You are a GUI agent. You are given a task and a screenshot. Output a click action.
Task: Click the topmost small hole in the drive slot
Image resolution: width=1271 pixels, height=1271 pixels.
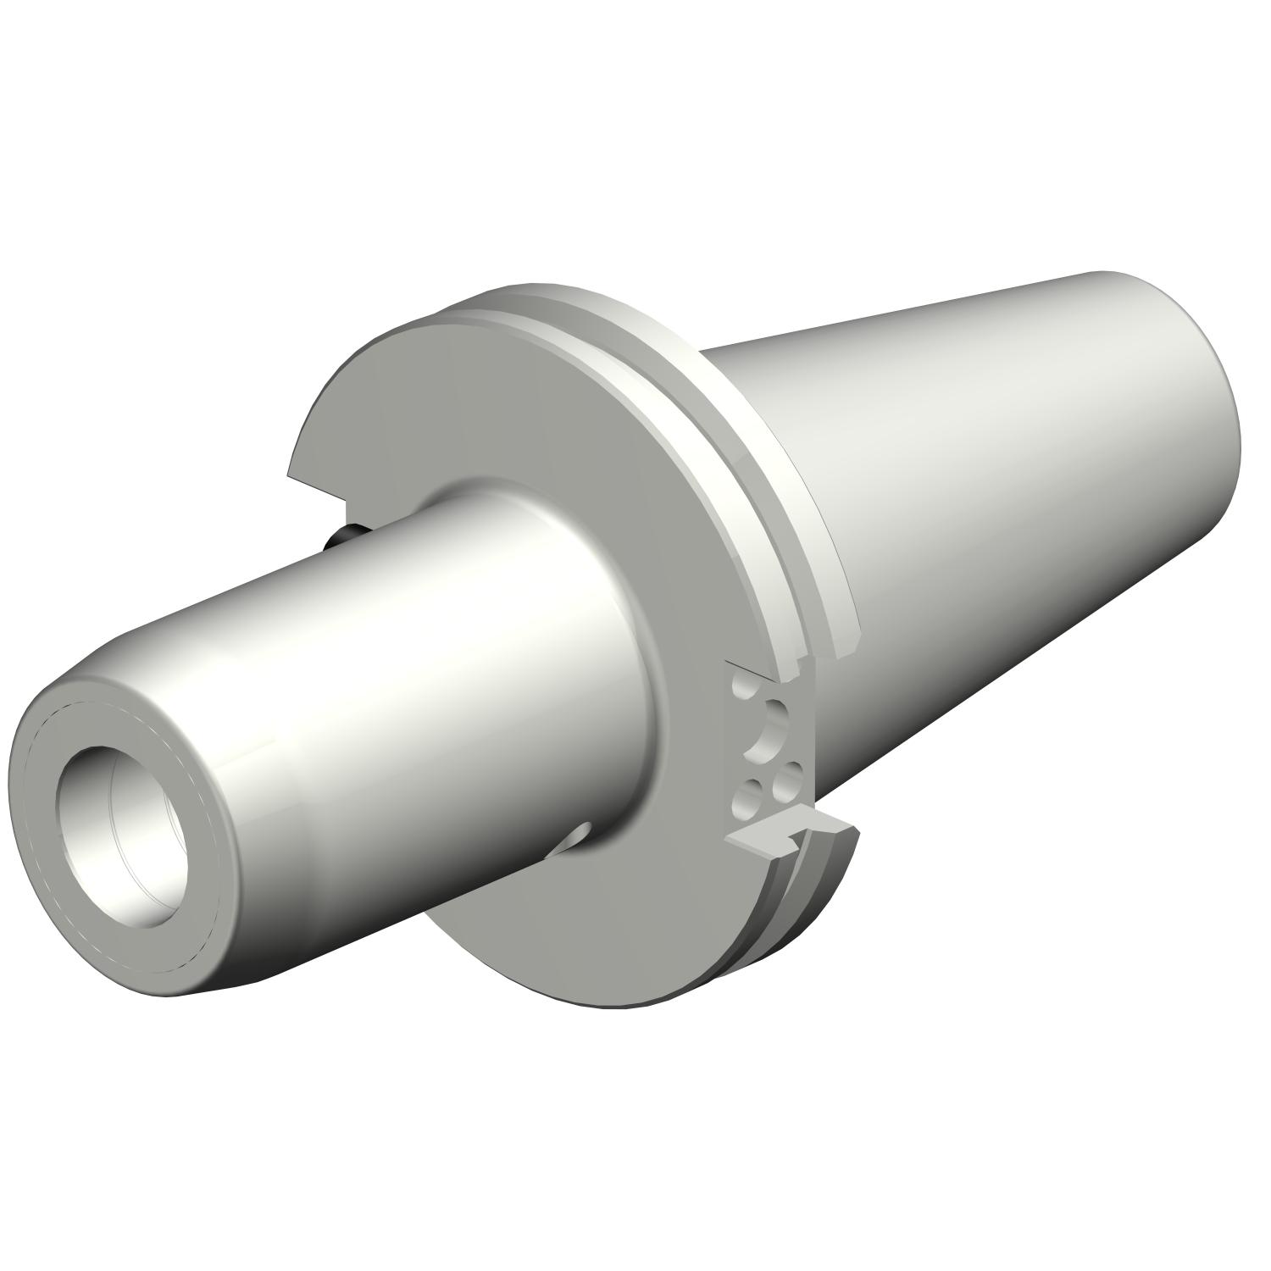tap(745, 691)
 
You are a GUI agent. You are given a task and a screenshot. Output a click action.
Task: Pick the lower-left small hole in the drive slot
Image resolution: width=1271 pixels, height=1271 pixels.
tap(747, 796)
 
